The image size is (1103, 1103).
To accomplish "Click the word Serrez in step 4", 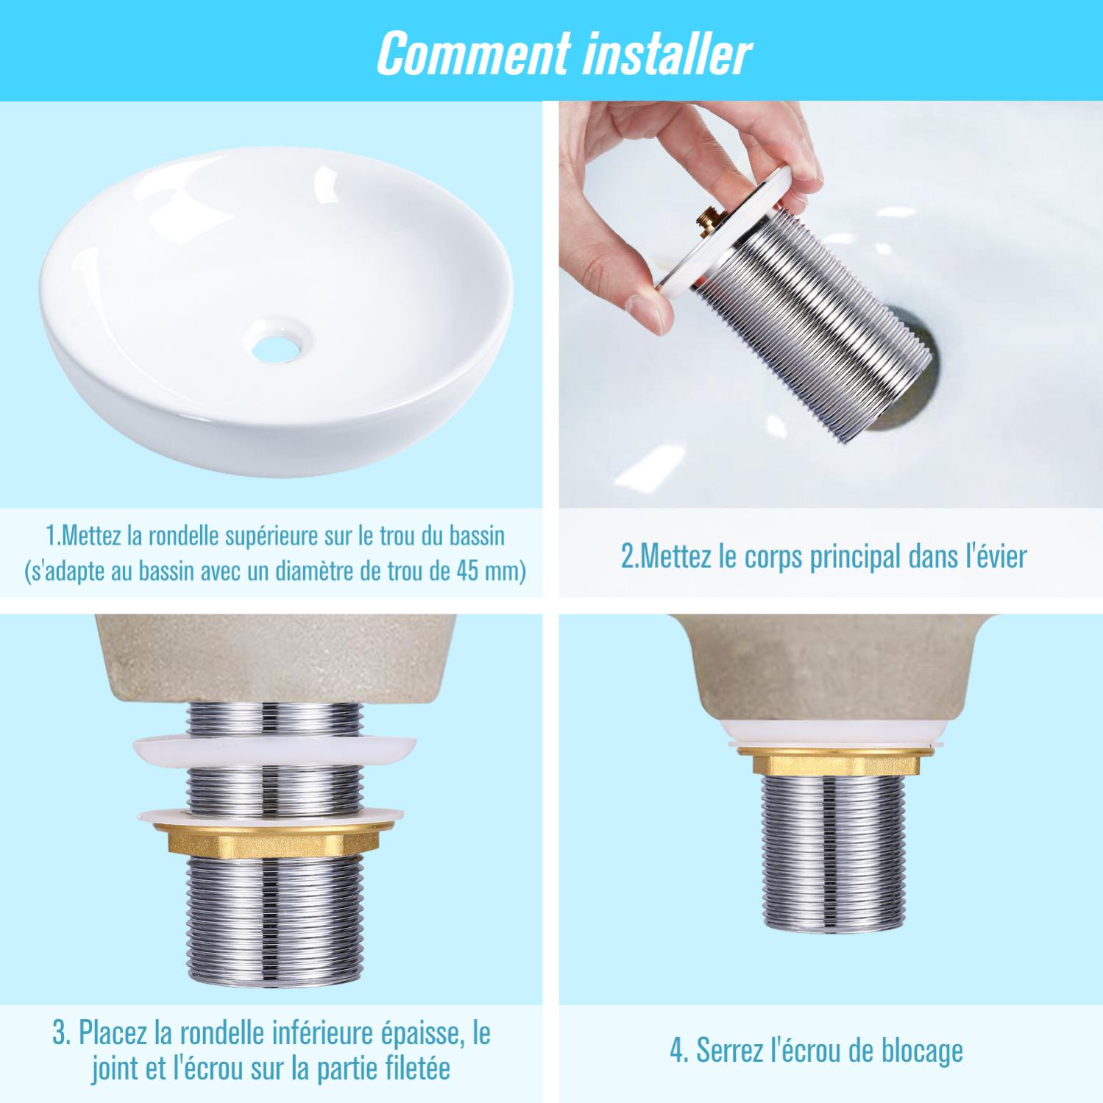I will pos(729,1051).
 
